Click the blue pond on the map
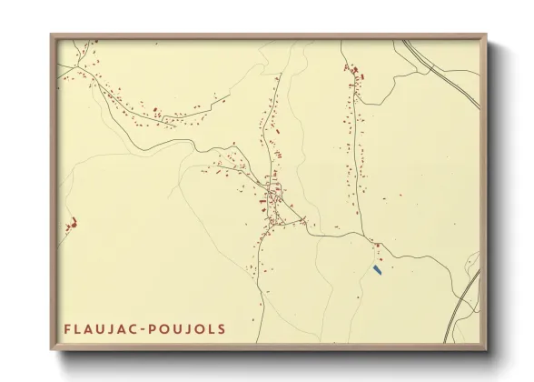click(377, 269)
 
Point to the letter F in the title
click(67, 328)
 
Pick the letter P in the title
click(153, 328)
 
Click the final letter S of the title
click(222, 328)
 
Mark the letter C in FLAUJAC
click(133, 328)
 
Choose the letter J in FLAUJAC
click(110, 328)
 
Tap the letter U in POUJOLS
click(177, 328)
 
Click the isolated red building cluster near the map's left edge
click(71, 221)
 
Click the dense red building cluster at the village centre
click(272, 196)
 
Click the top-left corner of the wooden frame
click(52, 35)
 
